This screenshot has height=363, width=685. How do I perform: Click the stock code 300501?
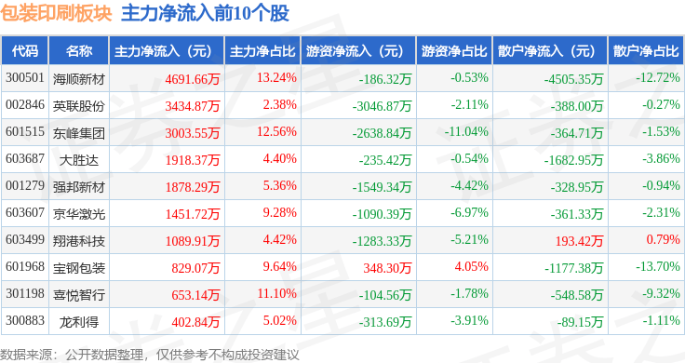(25, 77)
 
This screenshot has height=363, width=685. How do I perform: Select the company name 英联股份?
(79, 105)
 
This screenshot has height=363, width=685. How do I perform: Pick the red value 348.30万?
(385, 268)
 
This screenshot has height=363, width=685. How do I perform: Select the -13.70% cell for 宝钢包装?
(653, 268)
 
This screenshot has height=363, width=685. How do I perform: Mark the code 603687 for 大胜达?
(25, 159)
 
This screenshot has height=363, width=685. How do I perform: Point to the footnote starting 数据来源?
(149, 354)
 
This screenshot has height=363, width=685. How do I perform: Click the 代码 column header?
(25, 50)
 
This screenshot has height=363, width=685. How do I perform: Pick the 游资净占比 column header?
(453, 50)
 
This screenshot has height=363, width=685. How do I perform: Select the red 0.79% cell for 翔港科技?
(662, 241)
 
